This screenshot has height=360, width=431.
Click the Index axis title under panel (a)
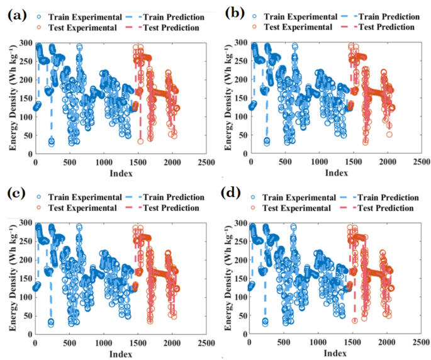coord(120,172)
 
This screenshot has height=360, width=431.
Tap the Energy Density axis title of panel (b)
coord(228,98)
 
